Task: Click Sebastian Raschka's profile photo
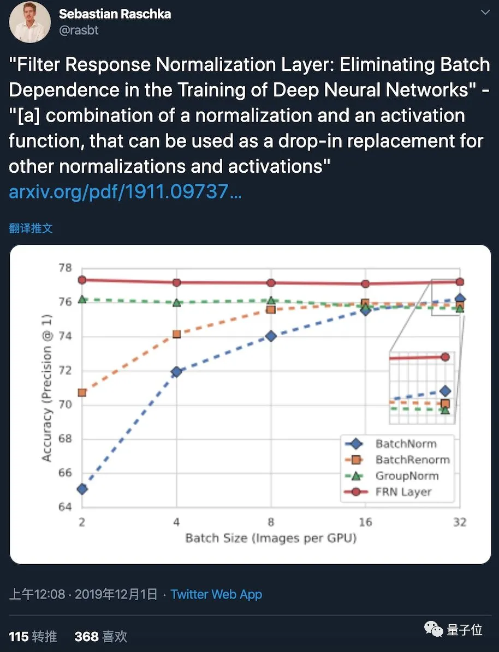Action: pyautogui.click(x=30, y=22)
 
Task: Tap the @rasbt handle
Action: pyautogui.click(x=79, y=31)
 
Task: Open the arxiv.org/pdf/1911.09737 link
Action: pyautogui.click(x=125, y=191)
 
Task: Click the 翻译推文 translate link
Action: pyautogui.click(x=31, y=228)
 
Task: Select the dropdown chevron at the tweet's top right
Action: pyautogui.click(x=484, y=12)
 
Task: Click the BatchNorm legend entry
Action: pyautogui.click(x=406, y=443)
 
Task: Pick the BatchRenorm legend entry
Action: pyautogui.click(x=412, y=460)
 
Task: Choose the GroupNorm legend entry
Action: pyautogui.click(x=407, y=475)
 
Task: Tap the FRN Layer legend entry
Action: pyautogui.click(x=403, y=492)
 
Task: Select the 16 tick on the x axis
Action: pyautogui.click(x=365, y=522)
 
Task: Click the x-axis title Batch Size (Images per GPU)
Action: pyautogui.click(x=271, y=539)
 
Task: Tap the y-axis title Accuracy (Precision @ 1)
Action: pyautogui.click(x=47, y=388)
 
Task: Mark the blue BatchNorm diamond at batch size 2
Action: pyautogui.click(x=82, y=489)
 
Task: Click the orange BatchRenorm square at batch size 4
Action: pyautogui.click(x=177, y=334)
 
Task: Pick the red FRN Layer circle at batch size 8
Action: pyautogui.click(x=271, y=282)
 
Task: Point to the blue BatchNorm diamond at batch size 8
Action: pyautogui.click(x=271, y=336)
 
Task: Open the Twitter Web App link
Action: pyautogui.click(x=216, y=594)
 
